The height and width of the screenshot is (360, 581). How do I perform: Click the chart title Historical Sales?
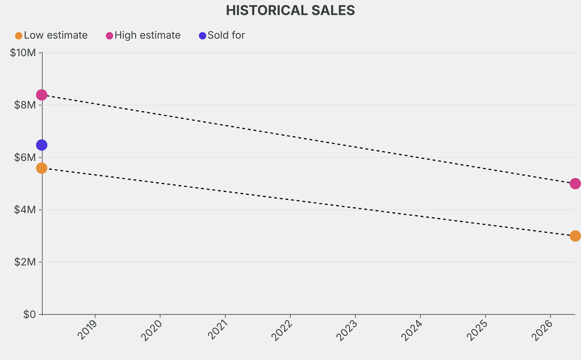[x=290, y=10]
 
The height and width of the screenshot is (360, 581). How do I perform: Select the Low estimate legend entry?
[x=55, y=35]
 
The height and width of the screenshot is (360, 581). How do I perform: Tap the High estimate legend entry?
[x=147, y=35]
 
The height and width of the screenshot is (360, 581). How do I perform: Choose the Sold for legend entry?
[x=226, y=35]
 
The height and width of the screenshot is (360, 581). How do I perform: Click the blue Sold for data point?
[x=41, y=145]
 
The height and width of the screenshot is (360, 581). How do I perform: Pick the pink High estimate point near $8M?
[x=41, y=95]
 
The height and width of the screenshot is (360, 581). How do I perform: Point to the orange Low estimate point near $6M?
[x=41, y=168]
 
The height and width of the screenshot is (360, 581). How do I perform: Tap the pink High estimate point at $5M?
[x=575, y=183]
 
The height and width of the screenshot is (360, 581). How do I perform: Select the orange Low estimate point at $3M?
[x=575, y=236]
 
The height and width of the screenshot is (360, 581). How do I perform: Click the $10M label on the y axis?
[x=23, y=53]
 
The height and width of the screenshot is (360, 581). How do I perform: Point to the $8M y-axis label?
[x=26, y=105]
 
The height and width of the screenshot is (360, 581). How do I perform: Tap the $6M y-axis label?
[x=26, y=157]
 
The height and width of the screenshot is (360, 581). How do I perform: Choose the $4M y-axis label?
[x=26, y=210]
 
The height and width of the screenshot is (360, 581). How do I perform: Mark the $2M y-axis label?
[x=26, y=262]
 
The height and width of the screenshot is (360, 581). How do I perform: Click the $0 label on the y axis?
[x=30, y=314]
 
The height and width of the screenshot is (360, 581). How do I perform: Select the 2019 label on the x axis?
[x=89, y=329]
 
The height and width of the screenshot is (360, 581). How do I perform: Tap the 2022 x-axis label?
[x=284, y=329]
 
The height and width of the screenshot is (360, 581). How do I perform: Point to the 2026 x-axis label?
[x=544, y=329]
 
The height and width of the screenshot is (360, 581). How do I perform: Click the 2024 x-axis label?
[x=414, y=329]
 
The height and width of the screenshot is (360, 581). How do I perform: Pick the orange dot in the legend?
[x=19, y=36]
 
